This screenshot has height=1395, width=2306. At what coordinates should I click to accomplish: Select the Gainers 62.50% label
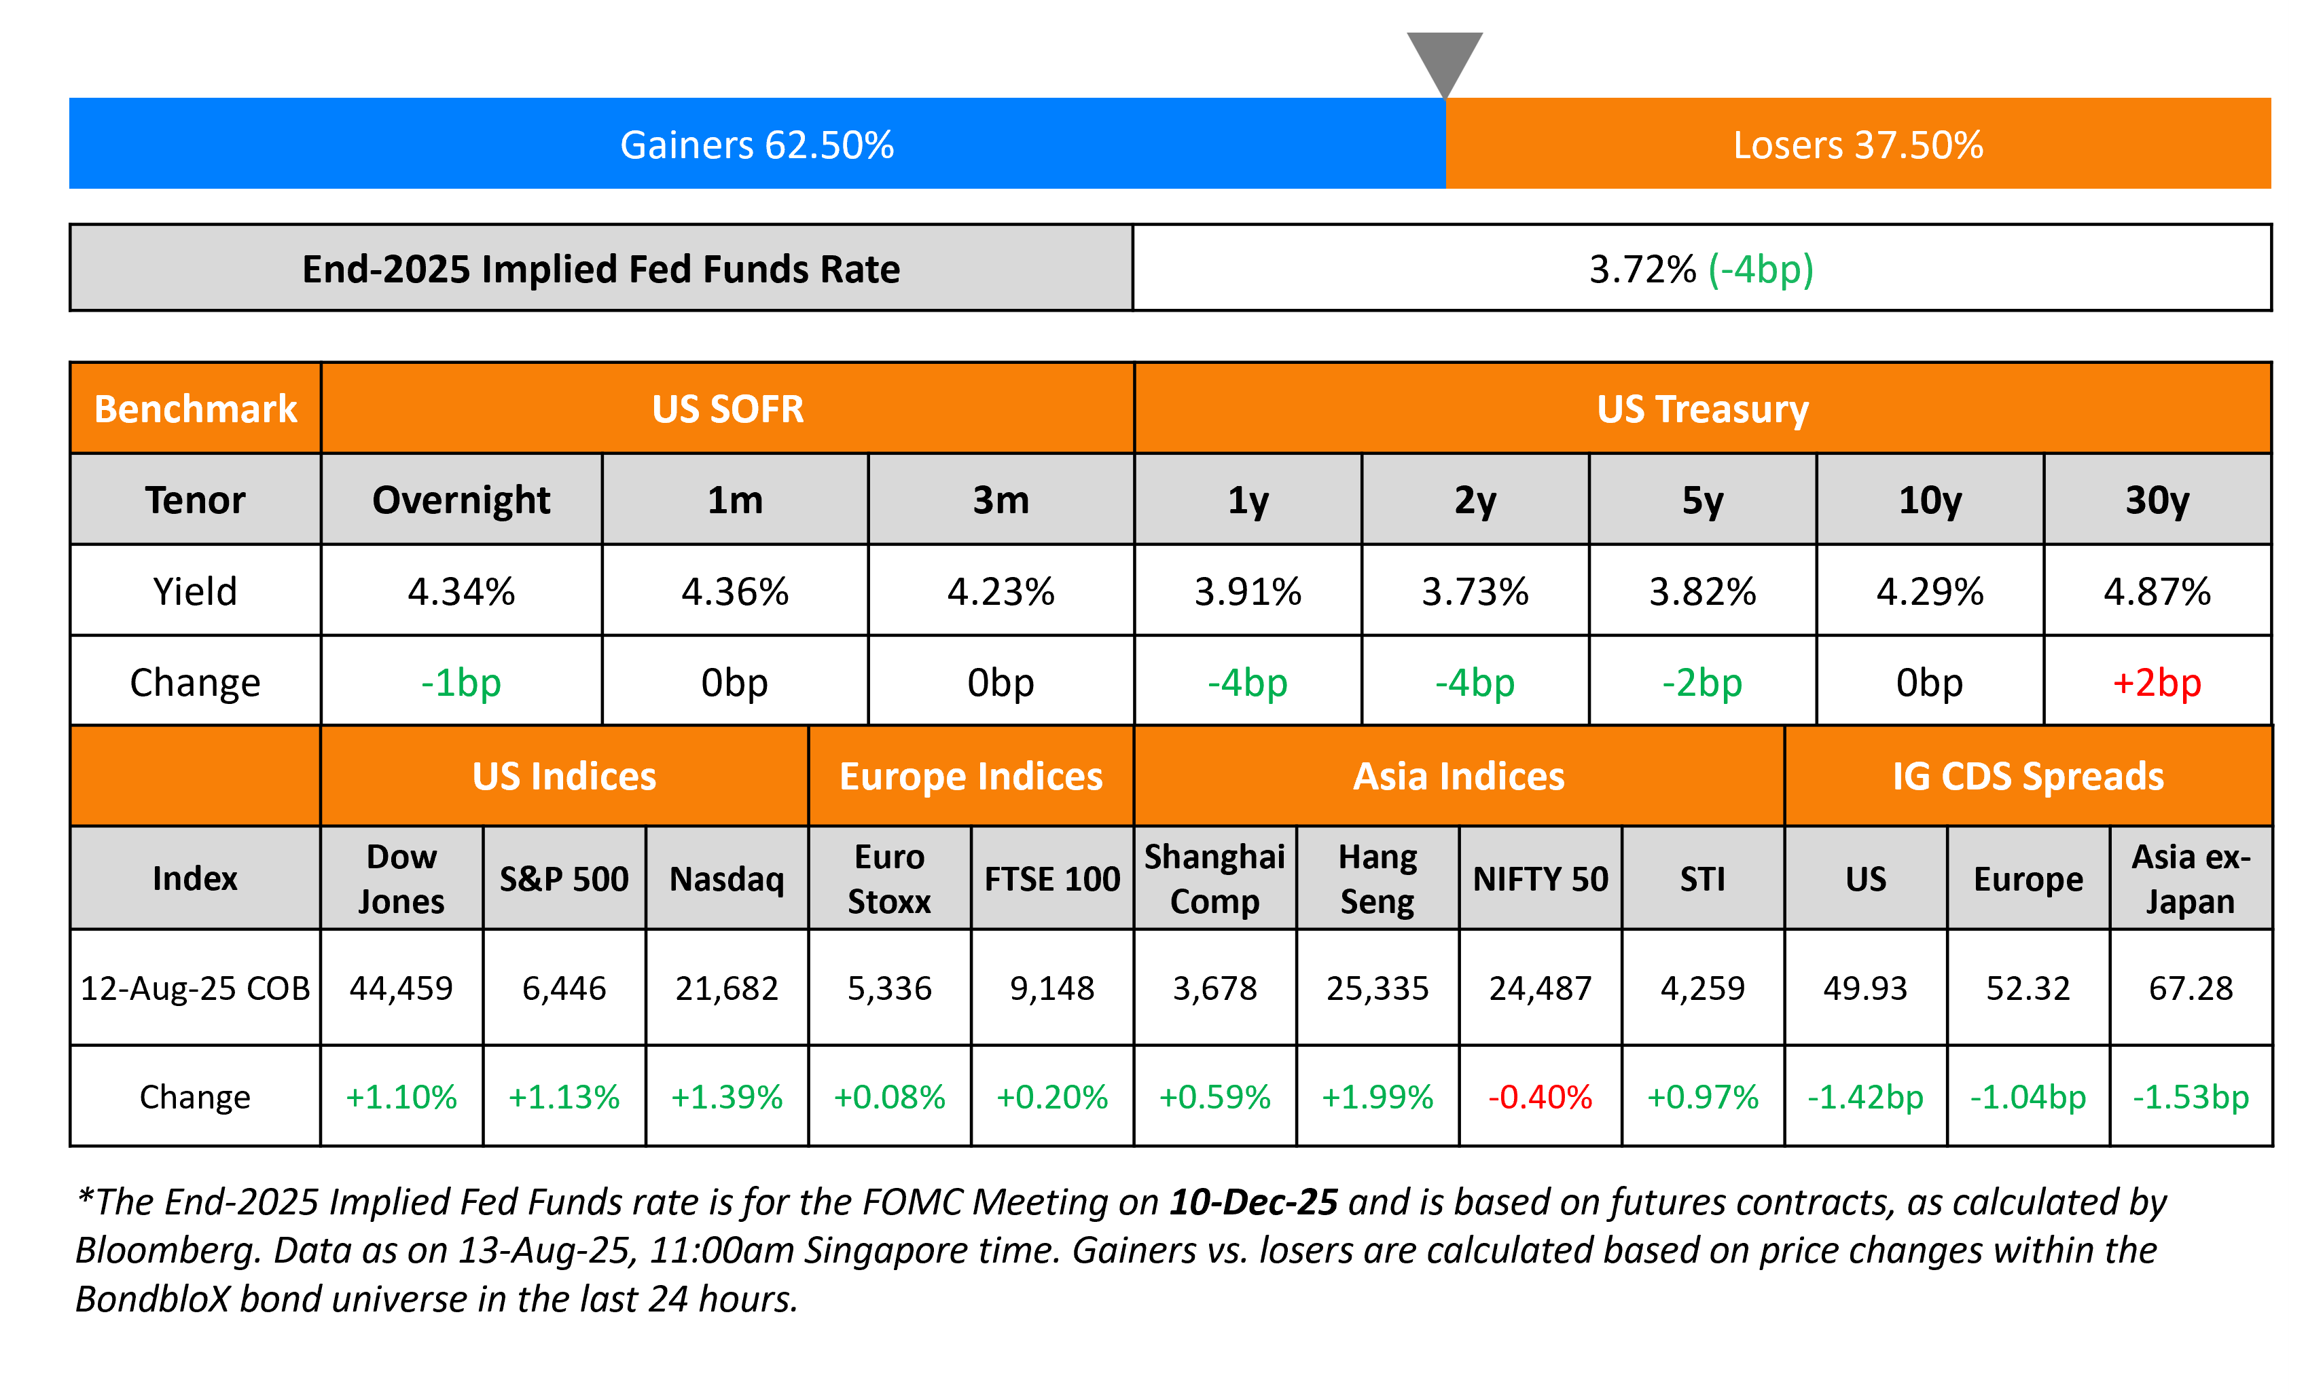point(757,145)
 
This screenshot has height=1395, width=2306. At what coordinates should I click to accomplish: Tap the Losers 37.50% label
point(1858,145)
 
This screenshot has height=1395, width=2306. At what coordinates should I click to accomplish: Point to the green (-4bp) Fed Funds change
point(1761,269)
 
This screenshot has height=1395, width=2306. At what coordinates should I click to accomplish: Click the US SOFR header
point(727,409)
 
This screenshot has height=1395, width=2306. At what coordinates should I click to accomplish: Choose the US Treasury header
point(1702,409)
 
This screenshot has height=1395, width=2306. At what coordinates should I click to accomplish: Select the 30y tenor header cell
point(2157,500)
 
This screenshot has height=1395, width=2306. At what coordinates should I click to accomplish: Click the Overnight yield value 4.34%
point(461,591)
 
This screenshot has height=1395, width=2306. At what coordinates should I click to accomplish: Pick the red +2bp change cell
point(2157,682)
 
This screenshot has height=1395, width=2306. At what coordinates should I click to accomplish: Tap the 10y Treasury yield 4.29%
point(1930,591)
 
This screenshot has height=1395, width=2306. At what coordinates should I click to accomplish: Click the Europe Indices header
point(971,777)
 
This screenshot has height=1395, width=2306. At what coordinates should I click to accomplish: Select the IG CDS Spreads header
point(2028,777)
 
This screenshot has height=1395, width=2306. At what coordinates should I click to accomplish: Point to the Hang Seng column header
point(1377,878)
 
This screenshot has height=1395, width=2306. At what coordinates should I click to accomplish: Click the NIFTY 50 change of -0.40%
point(1541,1096)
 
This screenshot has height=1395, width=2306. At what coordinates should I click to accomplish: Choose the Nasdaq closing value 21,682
point(727,988)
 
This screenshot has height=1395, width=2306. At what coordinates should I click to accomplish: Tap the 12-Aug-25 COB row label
point(195,988)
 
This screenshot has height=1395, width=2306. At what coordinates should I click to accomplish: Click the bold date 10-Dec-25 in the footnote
point(1253,1202)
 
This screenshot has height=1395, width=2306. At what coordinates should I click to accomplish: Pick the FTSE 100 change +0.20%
point(1052,1096)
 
